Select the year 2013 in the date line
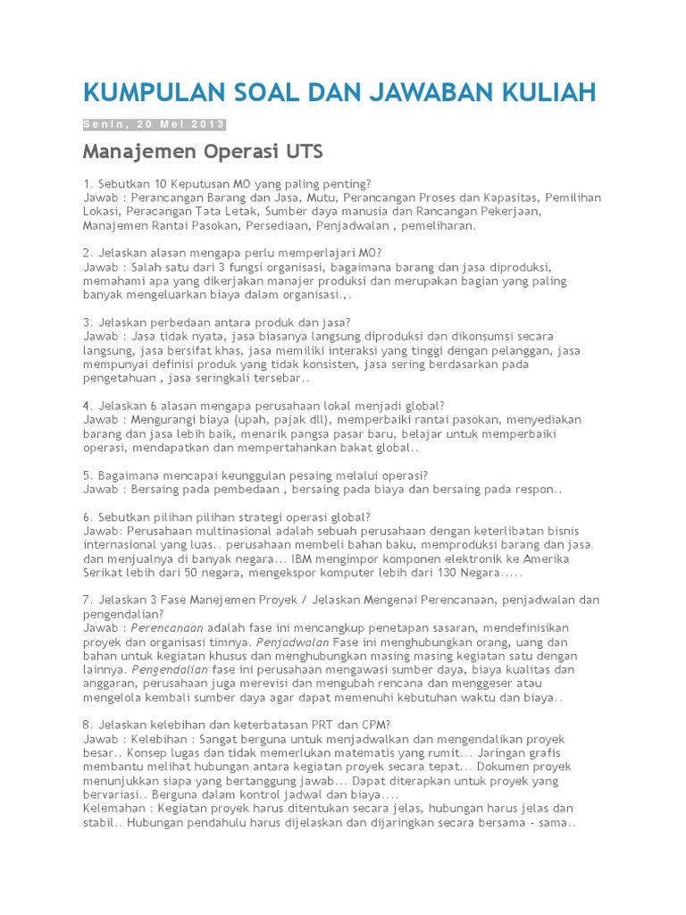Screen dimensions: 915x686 point(208,124)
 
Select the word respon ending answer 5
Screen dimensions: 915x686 point(540,490)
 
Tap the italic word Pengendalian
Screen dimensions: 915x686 point(170,669)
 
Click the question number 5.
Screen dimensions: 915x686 point(86,475)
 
